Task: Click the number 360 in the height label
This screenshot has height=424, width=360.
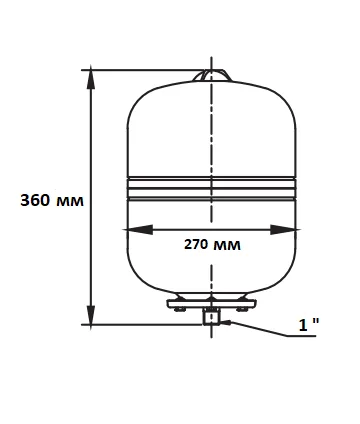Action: [x=35, y=200]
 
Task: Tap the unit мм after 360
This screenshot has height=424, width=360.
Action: [x=70, y=202]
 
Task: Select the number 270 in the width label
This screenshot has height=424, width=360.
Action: [x=196, y=244]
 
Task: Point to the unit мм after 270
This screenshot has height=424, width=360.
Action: [x=227, y=246]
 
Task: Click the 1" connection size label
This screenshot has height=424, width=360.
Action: [x=309, y=325]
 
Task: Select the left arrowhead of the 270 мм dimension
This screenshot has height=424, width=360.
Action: [x=138, y=230]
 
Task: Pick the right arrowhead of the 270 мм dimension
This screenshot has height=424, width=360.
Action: [x=284, y=230]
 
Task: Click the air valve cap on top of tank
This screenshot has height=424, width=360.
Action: [x=212, y=76]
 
